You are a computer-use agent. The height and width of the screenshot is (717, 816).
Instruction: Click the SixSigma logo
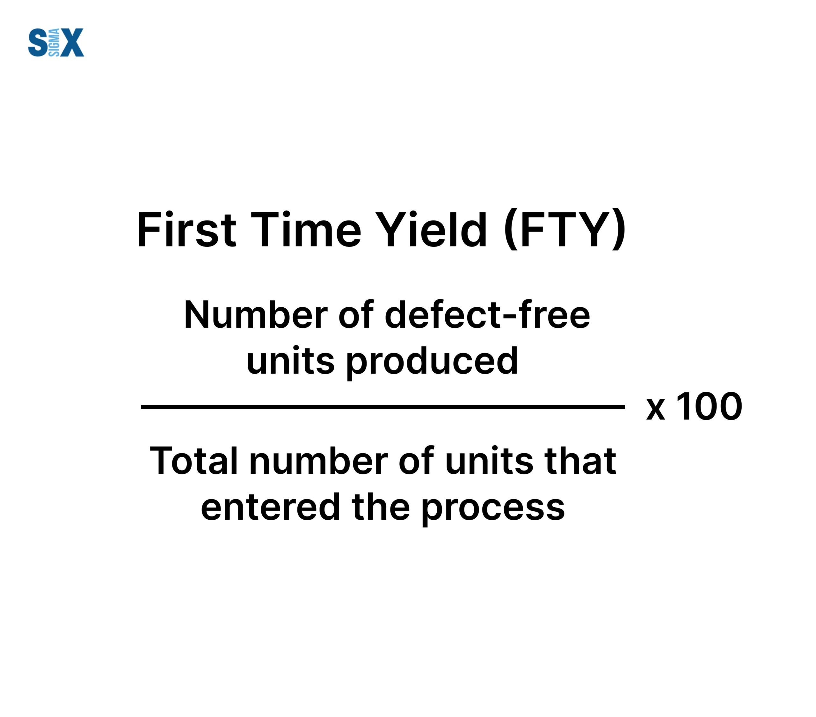coord(56,42)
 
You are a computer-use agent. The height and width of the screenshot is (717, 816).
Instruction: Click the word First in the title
coord(187,230)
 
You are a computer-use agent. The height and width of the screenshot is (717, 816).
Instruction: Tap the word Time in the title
coord(306,230)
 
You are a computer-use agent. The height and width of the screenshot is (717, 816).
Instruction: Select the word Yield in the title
coord(430,230)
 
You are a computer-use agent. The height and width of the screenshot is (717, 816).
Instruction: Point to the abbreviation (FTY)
coord(565,230)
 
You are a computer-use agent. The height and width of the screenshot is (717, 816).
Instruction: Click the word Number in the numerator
coord(256,315)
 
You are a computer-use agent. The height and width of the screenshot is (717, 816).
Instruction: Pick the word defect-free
coord(487,315)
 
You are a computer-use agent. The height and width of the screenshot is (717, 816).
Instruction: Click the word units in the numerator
coord(290,361)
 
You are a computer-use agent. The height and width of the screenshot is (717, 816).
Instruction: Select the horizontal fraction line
coord(383,407)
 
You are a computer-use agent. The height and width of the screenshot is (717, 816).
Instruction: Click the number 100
coord(709,406)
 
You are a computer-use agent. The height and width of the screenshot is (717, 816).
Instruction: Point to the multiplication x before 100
coord(656,410)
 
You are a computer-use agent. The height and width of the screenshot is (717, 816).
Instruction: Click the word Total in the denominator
coord(193,461)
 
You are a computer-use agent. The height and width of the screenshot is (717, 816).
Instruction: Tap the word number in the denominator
coord(318,461)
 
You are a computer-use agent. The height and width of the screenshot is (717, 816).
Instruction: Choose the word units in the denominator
coord(489,461)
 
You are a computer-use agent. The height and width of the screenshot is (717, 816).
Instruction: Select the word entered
coord(270,507)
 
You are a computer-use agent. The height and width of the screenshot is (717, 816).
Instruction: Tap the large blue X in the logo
coord(72,42)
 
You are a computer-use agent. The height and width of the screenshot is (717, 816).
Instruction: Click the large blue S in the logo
coord(38,42)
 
